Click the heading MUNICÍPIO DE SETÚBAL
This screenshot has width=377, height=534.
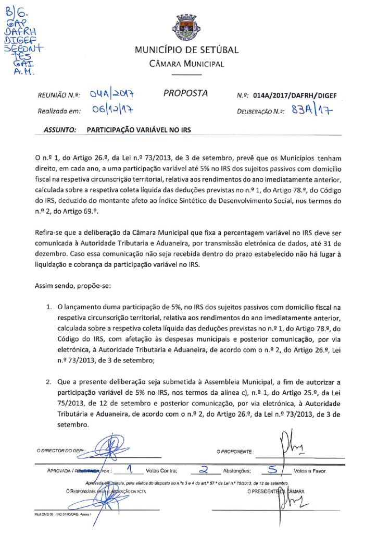pos(186,51)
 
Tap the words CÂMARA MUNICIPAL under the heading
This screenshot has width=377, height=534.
pos(186,64)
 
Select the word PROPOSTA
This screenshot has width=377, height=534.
pos(185,93)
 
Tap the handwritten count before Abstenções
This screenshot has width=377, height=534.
pos(204,469)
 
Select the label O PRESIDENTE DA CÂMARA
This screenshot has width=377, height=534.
pos(276,491)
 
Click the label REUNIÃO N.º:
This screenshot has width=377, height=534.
pos(58,95)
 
